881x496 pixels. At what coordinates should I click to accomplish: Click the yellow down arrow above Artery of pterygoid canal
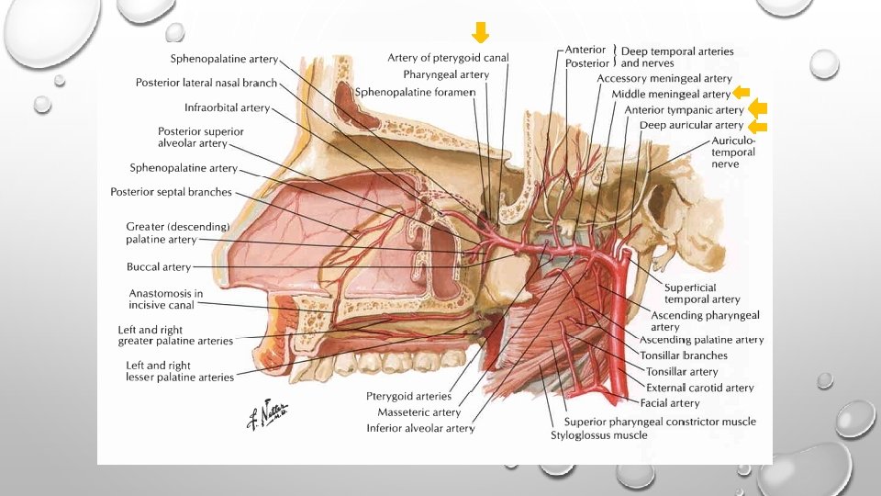(x=480, y=33)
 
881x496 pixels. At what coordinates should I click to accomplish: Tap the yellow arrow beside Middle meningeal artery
(x=742, y=93)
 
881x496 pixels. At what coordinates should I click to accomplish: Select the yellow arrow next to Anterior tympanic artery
(x=758, y=110)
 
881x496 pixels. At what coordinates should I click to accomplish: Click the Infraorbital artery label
(x=227, y=107)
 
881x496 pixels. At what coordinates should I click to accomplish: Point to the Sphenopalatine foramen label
(x=415, y=92)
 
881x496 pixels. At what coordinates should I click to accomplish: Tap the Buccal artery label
(x=159, y=267)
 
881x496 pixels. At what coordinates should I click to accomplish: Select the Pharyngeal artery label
(x=446, y=74)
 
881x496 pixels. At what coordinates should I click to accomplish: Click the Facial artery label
(x=671, y=402)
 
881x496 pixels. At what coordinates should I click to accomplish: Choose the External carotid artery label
(x=699, y=388)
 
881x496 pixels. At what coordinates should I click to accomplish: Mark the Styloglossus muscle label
(x=598, y=434)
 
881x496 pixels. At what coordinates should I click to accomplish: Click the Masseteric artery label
(x=418, y=412)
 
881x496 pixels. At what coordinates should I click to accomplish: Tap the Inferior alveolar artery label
(x=420, y=428)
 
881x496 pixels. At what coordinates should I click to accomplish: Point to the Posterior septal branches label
(x=171, y=192)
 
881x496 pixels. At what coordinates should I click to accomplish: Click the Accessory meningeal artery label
(x=664, y=78)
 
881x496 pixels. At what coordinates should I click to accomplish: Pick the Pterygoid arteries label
(x=408, y=396)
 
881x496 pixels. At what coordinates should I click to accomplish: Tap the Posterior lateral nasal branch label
(x=206, y=83)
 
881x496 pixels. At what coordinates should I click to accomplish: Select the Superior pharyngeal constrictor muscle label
(x=660, y=421)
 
